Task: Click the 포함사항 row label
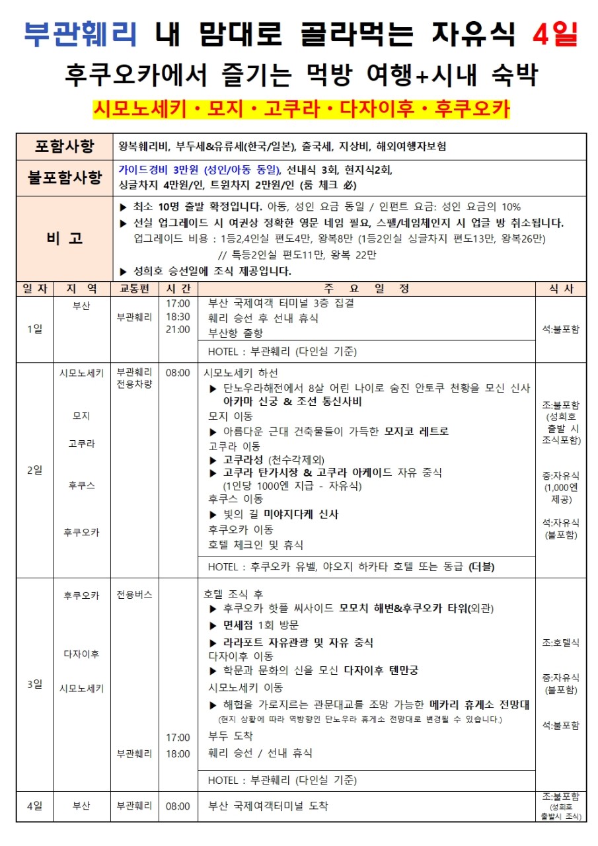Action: (64, 146)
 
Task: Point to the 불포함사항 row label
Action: (64, 177)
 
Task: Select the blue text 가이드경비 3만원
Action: (159, 170)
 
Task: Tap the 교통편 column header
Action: (134, 289)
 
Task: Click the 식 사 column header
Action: (561, 289)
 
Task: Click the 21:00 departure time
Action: (178, 330)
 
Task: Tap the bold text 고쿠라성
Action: (245, 459)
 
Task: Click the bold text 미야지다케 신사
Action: (301, 514)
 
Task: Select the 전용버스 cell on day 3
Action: (134, 594)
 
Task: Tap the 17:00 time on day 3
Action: (178, 737)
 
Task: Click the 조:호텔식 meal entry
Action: (560, 642)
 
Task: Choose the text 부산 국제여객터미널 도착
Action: (268, 806)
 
